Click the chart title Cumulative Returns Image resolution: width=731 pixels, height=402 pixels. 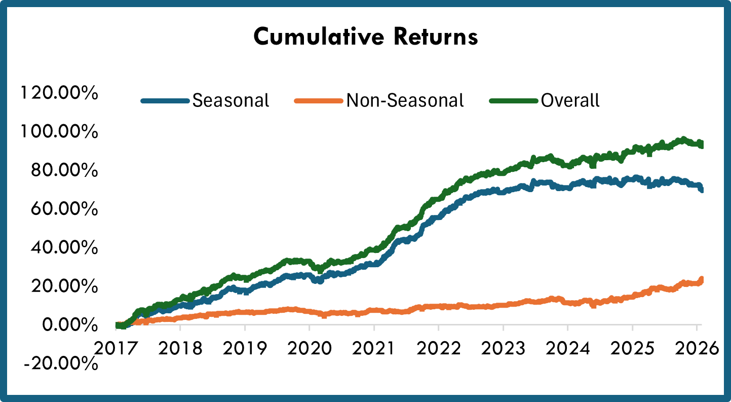(365, 37)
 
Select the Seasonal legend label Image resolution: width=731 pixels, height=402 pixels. (230, 100)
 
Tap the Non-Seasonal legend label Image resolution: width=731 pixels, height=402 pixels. (405, 100)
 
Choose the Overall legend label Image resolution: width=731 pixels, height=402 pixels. (570, 100)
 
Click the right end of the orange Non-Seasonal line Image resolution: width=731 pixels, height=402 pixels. (702, 279)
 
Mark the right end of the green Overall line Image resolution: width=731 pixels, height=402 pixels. (702, 145)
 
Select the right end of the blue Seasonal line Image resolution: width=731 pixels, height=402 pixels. (702, 189)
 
